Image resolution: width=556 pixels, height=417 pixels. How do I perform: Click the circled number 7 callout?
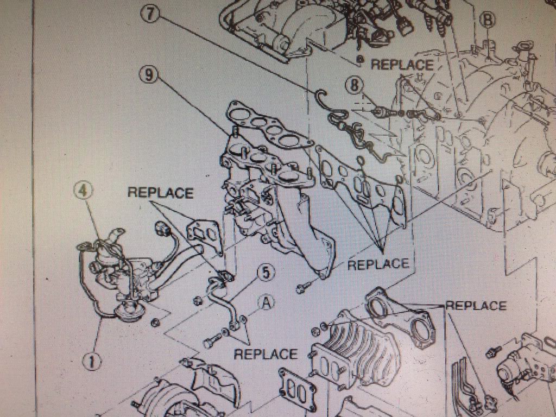[x=150, y=15]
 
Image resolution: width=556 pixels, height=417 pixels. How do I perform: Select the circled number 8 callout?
[x=356, y=85]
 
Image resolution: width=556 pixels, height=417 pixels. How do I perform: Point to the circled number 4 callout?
[x=83, y=191]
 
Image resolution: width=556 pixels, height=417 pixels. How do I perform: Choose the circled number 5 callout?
[x=266, y=273]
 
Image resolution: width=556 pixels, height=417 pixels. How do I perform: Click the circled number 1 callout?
[x=92, y=362]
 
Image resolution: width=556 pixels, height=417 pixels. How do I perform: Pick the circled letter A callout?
[x=266, y=303]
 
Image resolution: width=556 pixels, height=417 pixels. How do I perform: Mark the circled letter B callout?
[x=487, y=20]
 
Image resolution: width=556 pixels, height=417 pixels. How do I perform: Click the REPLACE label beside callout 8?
[x=402, y=65]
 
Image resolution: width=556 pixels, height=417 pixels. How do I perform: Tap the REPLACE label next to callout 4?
[x=160, y=193]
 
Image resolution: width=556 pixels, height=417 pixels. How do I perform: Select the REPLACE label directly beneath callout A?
[x=266, y=354]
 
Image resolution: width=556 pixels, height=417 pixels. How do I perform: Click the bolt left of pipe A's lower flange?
[x=213, y=340]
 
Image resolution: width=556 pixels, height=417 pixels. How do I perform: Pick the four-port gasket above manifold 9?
[x=269, y=124]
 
